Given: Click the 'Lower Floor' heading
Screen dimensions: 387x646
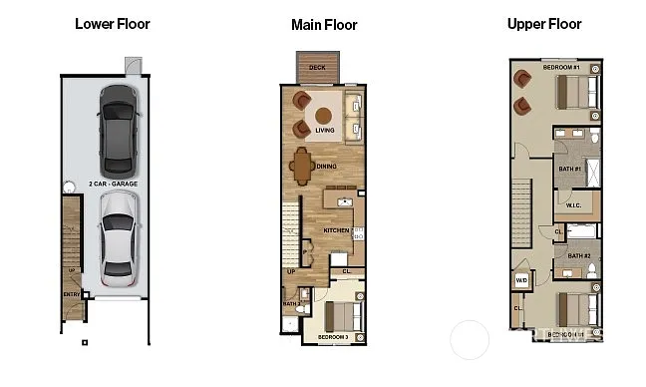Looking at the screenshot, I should click(112, 23).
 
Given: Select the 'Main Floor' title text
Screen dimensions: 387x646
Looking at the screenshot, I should click(324, 25).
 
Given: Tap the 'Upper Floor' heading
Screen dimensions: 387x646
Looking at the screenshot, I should click(543, 23).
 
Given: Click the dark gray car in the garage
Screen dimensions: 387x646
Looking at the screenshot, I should click(118, 129).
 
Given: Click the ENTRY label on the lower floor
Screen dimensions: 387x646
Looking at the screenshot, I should click(71, 294).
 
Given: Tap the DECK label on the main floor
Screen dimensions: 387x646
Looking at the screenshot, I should click(317, 68).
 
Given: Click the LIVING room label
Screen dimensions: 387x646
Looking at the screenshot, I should click(325, 131).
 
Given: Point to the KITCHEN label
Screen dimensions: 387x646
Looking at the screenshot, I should click(337, 230).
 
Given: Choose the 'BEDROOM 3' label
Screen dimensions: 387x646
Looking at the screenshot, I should click(333, 338).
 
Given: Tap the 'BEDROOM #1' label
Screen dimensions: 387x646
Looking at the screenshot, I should click(560, 67).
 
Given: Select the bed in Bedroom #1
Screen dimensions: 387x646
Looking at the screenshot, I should click(576, 93).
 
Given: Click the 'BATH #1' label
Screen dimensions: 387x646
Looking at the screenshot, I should click(569, 169).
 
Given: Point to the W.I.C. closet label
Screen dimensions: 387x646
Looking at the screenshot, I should click(573, 205).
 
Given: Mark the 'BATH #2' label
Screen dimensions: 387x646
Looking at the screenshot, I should click(579, 256).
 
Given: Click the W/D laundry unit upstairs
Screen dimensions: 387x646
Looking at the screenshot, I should click(521, 280).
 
